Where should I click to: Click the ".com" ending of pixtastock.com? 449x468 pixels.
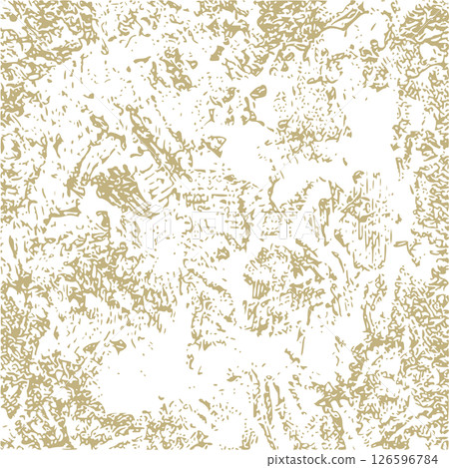[x=343, y=458]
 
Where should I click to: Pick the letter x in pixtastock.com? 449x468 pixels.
[x=283, y=459]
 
